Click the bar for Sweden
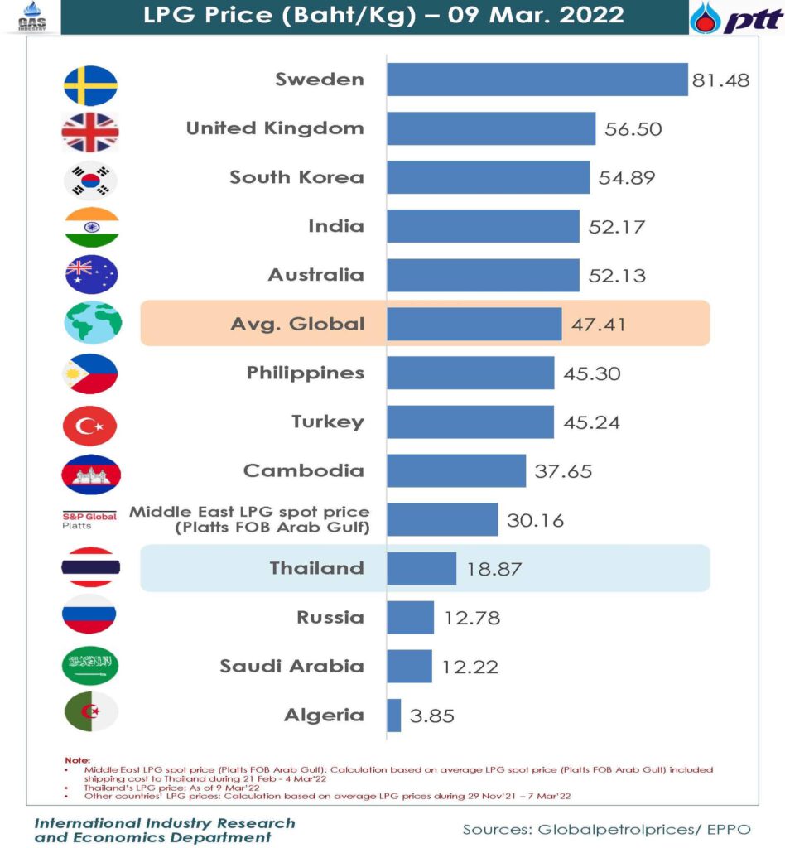point(537,79)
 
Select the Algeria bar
point(394,715)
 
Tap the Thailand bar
point(421,569)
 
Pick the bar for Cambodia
point(456,470)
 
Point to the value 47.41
point(599,324)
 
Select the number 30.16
point(536,520)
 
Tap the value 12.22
point(470,667)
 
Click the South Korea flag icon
point(91,179)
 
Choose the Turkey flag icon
point(90,426)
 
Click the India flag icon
point(91,227)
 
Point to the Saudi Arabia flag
point(90,665)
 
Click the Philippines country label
point(305,373)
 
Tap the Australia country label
point(315,275)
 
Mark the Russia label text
point(330,617)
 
